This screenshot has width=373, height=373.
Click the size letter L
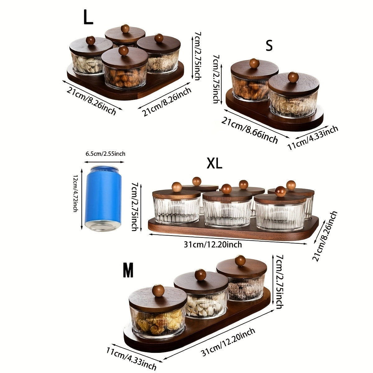click(88, 18)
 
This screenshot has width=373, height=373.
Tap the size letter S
click(269, 46)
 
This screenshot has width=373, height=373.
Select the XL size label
click(214, 163)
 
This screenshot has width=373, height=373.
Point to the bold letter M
click(128, 270)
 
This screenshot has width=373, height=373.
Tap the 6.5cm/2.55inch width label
click(105, 154)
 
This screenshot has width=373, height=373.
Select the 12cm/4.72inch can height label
click(75, 193)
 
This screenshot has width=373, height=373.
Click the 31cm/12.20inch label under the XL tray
click(213, 245)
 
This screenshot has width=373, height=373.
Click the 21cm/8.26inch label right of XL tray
click(325, 236)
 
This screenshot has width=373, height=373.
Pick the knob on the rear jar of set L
click(125, 29)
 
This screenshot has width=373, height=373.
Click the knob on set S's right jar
click(293, 77)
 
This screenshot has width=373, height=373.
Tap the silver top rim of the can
click(103, 169)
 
